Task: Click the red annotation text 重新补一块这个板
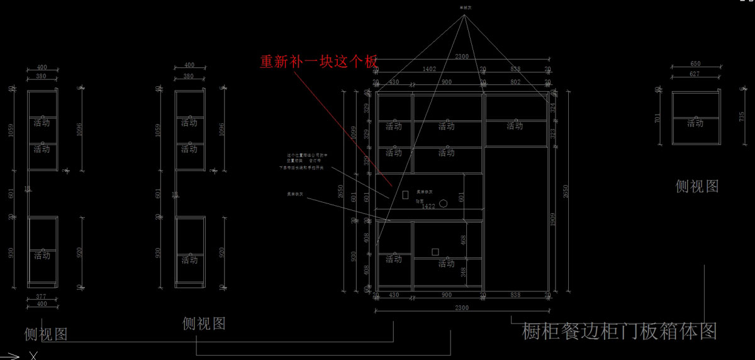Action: (x=319, y=62)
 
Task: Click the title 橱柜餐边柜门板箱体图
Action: (x=619, y=331)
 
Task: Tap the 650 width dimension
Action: (x=695, y=64)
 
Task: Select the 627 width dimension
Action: (x=695, y=74)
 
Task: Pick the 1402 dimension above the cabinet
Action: (x=430, y=69)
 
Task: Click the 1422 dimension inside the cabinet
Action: (x=428, y=206)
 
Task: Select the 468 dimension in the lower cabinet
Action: (x=464, y=240)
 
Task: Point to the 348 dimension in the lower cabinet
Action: (x=464, y=272)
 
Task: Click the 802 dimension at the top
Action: (x=515, y=82)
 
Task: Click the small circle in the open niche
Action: (x=444, y=203)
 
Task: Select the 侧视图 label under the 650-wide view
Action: (x=696, y=186)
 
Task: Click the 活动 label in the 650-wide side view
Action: (x=695, y=123)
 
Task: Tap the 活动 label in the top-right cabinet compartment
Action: (x=515, y=126)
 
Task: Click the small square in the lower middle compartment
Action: (x=435, y=252)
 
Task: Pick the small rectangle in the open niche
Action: (x=406, y=196)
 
